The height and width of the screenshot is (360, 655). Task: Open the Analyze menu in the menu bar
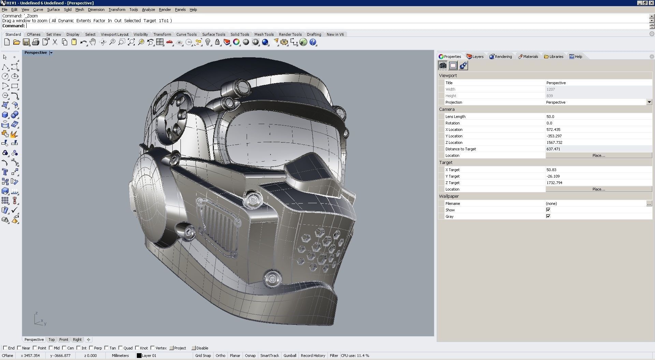click(x=148, y=10)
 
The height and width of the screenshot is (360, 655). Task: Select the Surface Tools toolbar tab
click(x=214, y=34)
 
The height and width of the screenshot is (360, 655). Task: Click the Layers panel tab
click(x=475, y=57)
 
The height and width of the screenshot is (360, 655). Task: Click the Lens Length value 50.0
click(x=550, y=117)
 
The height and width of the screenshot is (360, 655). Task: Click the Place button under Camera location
click(x=598, y=155)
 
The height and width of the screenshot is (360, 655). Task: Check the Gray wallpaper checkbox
click(x=548, y=216)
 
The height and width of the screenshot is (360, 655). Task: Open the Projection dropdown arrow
click(x=649, y=102)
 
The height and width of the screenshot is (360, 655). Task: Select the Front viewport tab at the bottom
click(x=64, y=340)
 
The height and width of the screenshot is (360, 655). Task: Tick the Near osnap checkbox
click(x=19, y=348)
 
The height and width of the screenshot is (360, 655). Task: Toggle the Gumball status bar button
click(x=290, y=356)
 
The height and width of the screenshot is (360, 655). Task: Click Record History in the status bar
click(x=313, y=356)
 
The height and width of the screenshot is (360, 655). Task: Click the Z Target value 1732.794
click(x=554, y=183)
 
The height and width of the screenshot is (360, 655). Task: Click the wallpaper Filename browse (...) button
click(x=649, y=204)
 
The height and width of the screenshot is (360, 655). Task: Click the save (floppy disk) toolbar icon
click(x=26, y=42)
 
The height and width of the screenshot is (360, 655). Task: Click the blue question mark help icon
click(x=313, y=42)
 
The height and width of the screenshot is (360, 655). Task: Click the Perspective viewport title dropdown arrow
click(x=51, y=53)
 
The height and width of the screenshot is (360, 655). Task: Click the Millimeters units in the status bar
click(x=120, y=356)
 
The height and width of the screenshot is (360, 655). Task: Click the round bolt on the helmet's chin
click(x=272, y=278)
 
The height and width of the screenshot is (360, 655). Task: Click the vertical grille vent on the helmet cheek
click(x=218, y=225)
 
